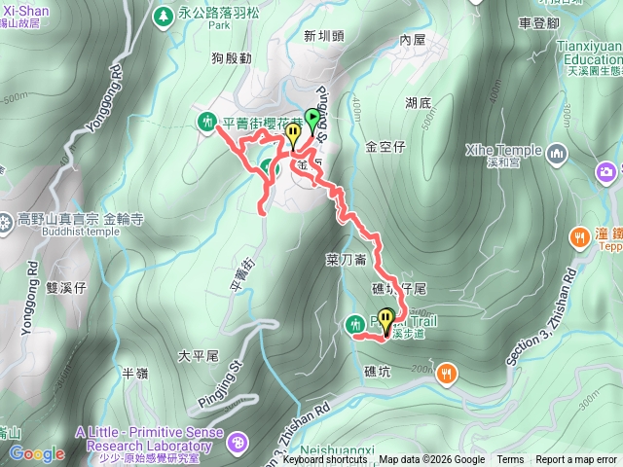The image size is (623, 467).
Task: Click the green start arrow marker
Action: (x=312, y=120)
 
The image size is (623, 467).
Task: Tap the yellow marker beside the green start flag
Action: (x=292, y=135)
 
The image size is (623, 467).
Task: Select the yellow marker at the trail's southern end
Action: (x=386, y=319)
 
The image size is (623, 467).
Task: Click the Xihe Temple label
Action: (x=503, y=151)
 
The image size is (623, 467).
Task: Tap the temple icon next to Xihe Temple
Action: (x=557, y=153)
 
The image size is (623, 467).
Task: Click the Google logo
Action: (x=37, y=453)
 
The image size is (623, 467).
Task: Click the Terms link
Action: (x=510, y=460)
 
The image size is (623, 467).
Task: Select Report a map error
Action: (x=576, y=460)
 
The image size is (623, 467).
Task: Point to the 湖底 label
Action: (x=419, y=101)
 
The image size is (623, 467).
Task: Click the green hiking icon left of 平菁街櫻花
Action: (x=206, y=122)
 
